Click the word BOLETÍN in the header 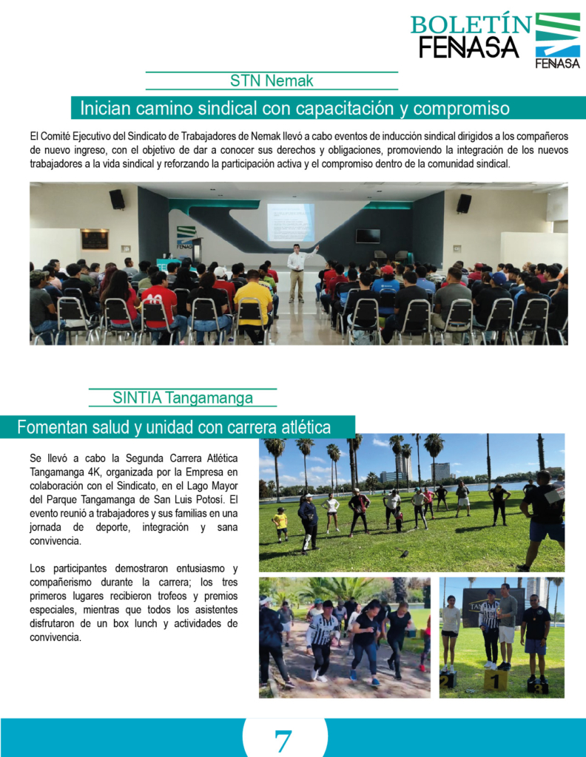click(471, 24)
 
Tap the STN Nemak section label click(272, 81)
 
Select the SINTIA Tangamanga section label click(182, 398)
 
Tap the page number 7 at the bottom click(283, 740)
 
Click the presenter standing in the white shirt click(297, 271)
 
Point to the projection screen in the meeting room click(291, 222)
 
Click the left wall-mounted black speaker click(117, 200)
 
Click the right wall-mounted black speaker click(464, 203)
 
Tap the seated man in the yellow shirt click(254, 300)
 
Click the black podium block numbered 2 click(448, 679)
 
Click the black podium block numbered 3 click(537, 687)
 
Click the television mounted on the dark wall click(368, 236)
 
